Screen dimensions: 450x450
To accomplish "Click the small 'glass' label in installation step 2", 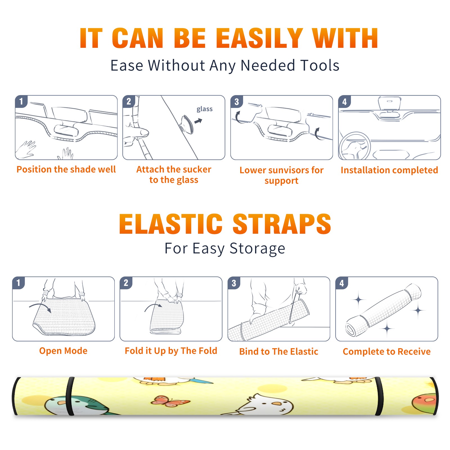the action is tap(204, 109).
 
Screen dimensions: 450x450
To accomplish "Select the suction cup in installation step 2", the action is tap(187, 124).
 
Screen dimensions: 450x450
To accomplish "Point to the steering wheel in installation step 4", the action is tap(355, 146).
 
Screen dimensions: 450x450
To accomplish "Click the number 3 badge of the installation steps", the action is tap(237, 102).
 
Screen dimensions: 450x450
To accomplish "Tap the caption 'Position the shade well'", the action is tap(66, 169).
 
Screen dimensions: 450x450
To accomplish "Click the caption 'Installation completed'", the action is tap(389, 170).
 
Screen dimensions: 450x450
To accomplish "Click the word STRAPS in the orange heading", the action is tap(282, 224).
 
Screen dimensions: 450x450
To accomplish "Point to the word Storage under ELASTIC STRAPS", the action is tap(257, 249).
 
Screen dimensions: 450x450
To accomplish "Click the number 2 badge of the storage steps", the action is tap(126, 283).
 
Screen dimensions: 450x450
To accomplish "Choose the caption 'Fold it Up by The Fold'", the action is tap(171, 351).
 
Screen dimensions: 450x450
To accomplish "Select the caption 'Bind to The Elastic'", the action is tap(279, 352).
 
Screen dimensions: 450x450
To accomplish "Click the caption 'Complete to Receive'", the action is tap(387, 352).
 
